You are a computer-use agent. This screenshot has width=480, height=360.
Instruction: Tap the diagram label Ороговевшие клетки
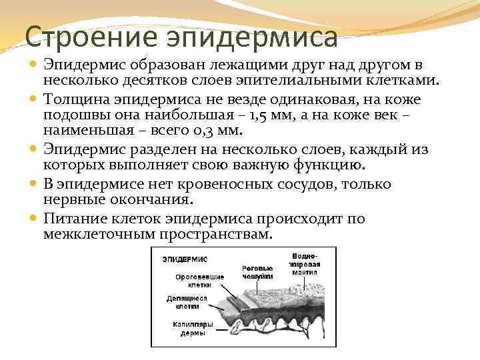pyautogui.click(x=200, y=280)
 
